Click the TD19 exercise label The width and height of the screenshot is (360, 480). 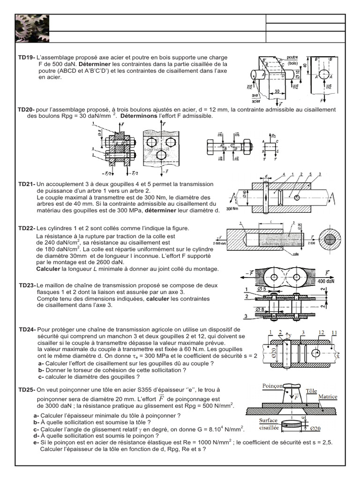point(26,57)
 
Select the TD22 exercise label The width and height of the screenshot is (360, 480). point(26,228)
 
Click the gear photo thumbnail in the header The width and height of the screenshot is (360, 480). point(31,29)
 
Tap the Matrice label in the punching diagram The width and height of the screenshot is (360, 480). point(328,397)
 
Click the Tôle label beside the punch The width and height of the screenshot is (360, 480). point(311,390)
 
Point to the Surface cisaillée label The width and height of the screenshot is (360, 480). point(269,424)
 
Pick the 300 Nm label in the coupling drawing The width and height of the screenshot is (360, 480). point(232,209)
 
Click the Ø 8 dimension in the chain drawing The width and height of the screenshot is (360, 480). point(262,309)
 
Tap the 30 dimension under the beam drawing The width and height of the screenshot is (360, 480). point(277,91)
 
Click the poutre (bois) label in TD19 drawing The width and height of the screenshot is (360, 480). point(293,60)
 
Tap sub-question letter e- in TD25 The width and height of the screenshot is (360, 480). point(36,442)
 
